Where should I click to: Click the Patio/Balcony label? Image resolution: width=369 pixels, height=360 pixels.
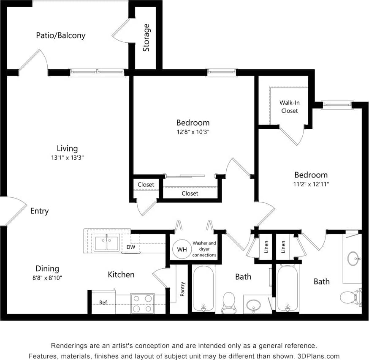click(60, 35)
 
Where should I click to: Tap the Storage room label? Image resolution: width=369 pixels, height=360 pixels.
click(146, 38)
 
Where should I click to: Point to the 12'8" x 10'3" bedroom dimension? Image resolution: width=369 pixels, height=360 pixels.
click(193, 131)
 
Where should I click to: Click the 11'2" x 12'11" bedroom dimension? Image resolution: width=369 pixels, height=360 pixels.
click(311, 184)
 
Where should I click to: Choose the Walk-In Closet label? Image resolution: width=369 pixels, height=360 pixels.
click(289, 107)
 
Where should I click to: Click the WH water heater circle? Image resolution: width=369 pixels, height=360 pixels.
click(182, 249)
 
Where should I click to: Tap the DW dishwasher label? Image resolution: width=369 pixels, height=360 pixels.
click(131, 247)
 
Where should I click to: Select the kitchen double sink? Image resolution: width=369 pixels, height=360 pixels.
click(106, 243)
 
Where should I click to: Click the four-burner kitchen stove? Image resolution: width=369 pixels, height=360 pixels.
click(142, 303)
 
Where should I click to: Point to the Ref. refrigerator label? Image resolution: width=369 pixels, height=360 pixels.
click(103, 303)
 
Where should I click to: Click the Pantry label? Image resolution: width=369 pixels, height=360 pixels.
click(182, 289)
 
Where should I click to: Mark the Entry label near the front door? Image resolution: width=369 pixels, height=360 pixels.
click(39, 211)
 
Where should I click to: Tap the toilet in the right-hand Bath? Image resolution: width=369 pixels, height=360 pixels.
click(350, 297)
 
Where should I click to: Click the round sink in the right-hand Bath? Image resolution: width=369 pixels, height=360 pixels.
click(353, 258)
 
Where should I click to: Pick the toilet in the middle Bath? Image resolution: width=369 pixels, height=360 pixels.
click(228, 301)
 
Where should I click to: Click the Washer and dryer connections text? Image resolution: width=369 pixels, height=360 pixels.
click(204, 249)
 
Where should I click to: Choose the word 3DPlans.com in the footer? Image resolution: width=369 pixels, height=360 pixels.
click(319, 356)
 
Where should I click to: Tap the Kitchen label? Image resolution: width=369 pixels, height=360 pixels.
click(121, 275)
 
